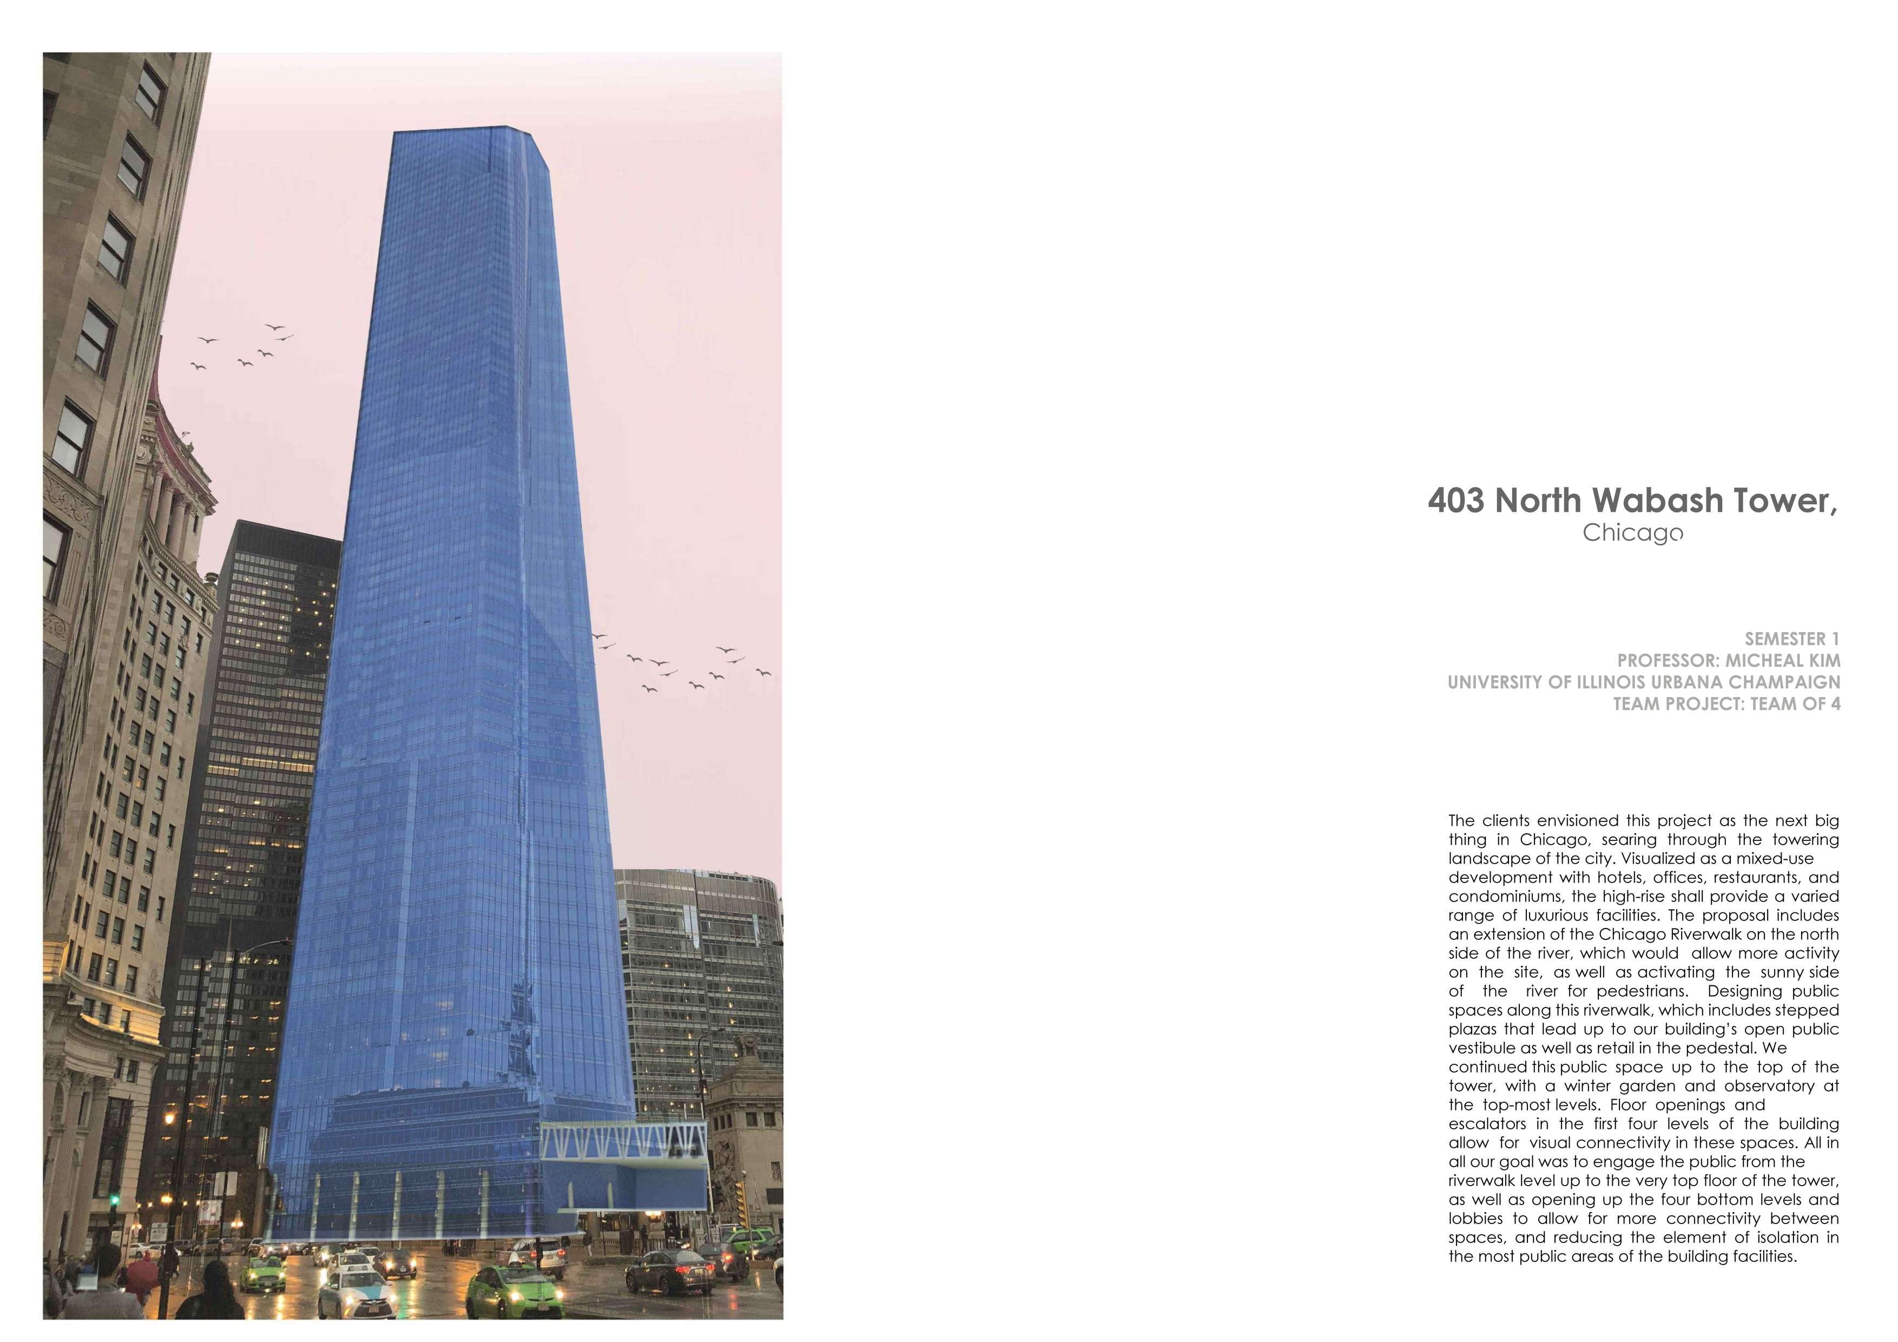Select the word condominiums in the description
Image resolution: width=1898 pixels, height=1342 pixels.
point(1500,896)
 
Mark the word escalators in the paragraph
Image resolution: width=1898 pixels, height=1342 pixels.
point(1484,1124)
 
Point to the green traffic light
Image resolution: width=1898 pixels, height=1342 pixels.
point(114,1198)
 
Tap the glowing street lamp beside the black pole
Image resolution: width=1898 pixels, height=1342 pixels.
point(169,1119)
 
